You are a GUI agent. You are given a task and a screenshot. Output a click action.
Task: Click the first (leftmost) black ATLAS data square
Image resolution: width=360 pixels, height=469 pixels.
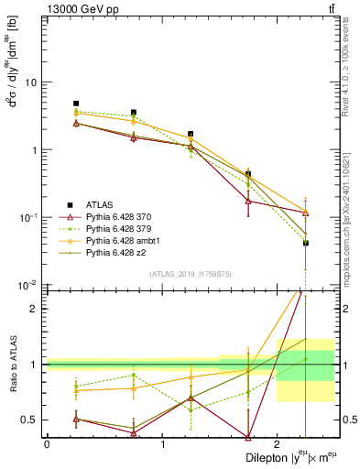76,104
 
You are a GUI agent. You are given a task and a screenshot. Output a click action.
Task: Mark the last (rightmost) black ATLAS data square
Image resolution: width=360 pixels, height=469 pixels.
306,243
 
